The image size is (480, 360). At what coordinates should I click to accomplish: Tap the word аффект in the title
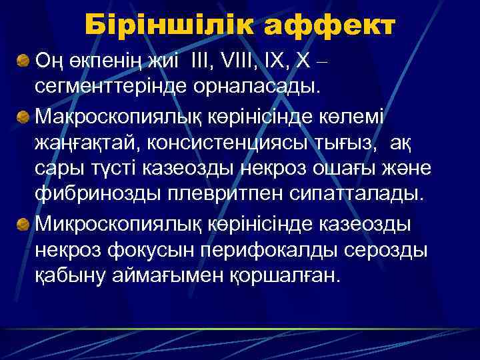pyautogui.click(x=330, y=25)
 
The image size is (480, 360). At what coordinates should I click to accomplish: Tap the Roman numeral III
pyautogui.click(x=200, y=61)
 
